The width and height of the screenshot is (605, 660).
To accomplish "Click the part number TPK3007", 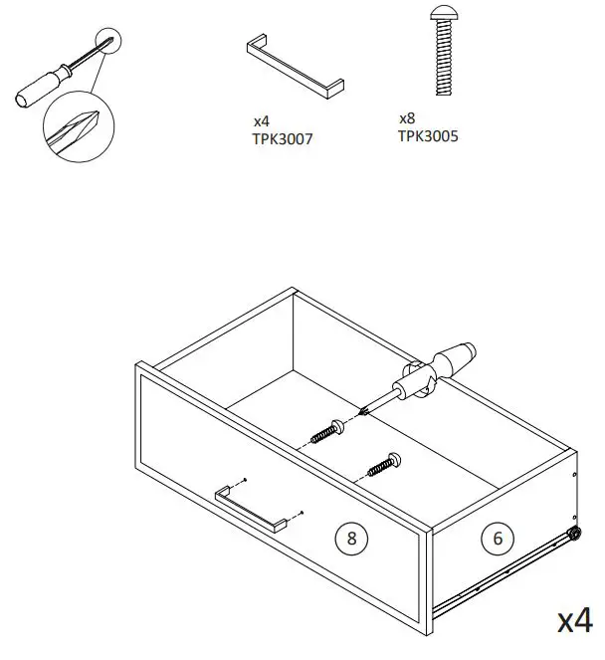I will point(283,139).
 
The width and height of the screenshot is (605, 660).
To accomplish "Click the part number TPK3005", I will point(428,136).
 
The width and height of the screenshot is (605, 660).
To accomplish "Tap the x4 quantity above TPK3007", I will point(262,121).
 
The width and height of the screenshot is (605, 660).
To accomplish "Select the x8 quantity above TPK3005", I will point(406,118).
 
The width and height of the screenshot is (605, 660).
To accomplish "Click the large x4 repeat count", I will point(575,621).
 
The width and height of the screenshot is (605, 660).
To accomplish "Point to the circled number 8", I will point(350,540).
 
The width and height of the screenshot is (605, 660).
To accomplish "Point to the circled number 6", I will point(497,540).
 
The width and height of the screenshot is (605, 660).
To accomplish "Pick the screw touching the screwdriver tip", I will point(328,430).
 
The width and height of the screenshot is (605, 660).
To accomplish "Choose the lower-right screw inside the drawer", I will point(383,465).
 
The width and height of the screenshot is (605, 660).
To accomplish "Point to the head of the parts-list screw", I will point(441,15).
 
